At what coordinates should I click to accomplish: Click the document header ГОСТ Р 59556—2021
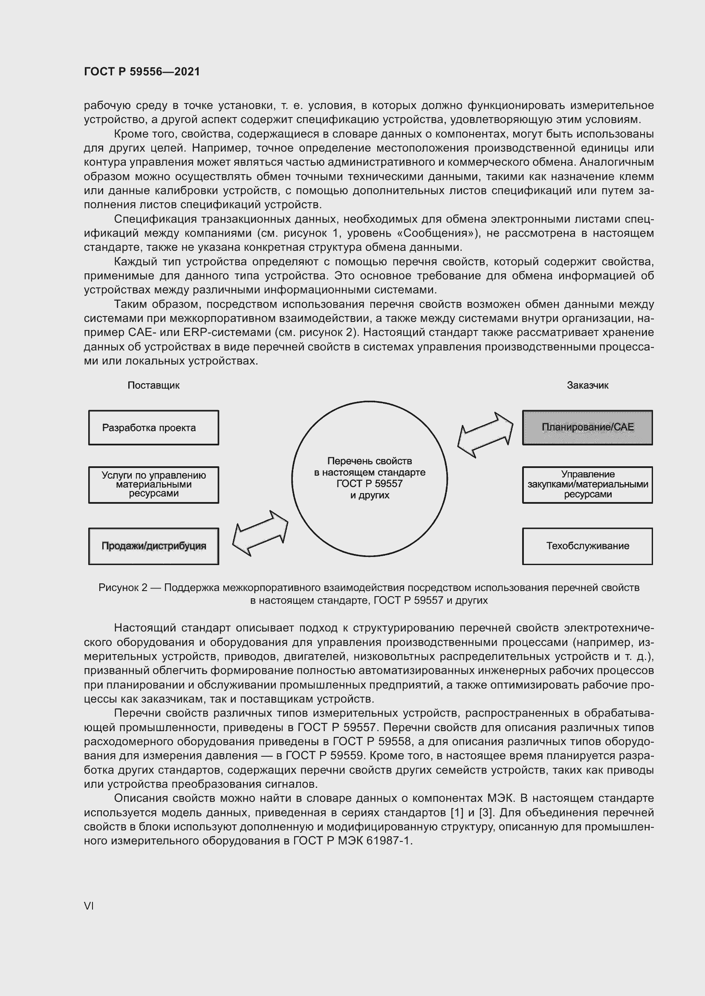(142, 72)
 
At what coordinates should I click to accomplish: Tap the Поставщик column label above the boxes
(153, 385)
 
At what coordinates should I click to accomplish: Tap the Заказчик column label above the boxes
(587, 385)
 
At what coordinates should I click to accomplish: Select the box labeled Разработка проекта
(153, 428)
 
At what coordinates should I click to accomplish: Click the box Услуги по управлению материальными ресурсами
(153, 485)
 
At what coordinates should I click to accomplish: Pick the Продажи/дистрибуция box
(153, 546)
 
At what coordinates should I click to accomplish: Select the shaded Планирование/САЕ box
(587, 428)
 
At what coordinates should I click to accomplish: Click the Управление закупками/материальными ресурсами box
(587, 485)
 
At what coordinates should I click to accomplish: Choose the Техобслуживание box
(587, 546)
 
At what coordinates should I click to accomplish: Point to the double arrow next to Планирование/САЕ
(485, 435)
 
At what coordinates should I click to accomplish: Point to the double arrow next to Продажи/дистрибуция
(260, 533)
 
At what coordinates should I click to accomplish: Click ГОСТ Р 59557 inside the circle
(370, 484)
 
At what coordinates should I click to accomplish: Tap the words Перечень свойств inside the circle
(370, 461)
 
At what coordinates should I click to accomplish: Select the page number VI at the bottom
(89, 906)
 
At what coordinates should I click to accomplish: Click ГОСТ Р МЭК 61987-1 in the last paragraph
(352, 841)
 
